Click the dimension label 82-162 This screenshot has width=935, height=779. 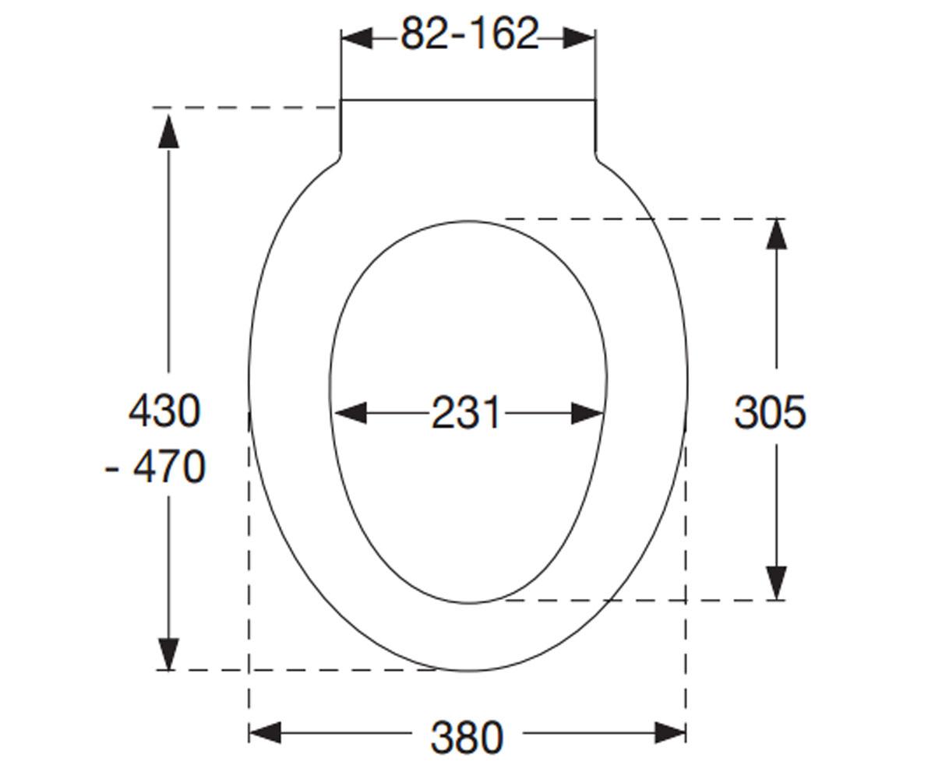469,33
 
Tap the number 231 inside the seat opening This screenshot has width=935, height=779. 465,412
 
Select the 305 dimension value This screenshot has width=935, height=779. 770,412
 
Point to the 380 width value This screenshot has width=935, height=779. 467,738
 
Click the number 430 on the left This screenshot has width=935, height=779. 164,411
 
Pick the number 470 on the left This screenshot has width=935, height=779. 169,467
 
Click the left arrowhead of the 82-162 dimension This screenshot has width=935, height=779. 356,38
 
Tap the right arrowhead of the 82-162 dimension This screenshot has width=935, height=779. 579,38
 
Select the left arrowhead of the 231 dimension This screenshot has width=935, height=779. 351,413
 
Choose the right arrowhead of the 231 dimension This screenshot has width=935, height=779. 587,413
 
